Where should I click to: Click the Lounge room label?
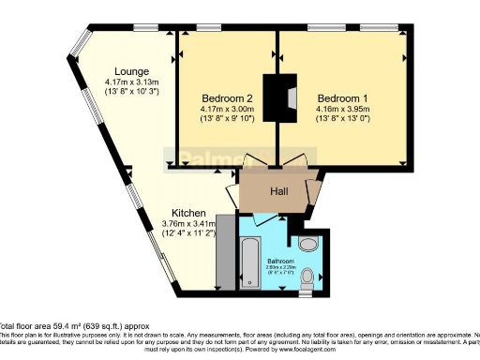coord(130,71)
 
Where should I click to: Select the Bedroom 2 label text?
coord(227,97)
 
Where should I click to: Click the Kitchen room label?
coord(189,212)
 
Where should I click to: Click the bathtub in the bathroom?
coord(251,263)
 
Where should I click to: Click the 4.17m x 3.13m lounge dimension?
coord(131,82)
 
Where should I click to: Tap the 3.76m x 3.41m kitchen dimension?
coord(189,223)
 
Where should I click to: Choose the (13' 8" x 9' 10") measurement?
coord(227,119)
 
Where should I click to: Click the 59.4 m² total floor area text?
coord(56,325)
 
